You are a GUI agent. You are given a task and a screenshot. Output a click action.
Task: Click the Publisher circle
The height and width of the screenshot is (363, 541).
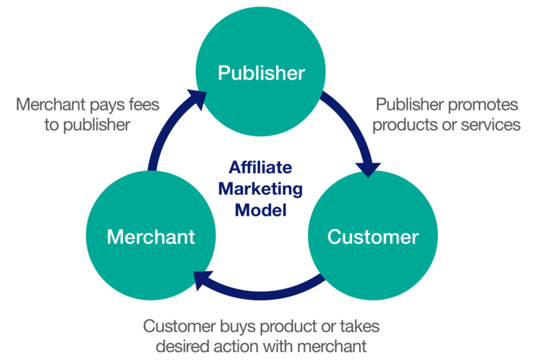coord(261,73)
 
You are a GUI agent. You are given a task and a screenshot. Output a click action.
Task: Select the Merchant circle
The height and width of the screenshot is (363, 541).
coord(151,236)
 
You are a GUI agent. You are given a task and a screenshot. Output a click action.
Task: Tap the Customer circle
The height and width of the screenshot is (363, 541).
coord(373,236)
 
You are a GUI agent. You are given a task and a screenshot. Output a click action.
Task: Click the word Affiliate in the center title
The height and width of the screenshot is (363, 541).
coord(260,167)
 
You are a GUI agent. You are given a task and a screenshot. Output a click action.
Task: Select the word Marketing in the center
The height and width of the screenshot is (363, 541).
coord(260,189)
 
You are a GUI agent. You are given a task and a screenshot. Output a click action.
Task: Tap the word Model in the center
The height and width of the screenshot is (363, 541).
coord(260,210)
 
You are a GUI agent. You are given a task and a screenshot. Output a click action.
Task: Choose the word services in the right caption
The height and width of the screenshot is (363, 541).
coord(490,124)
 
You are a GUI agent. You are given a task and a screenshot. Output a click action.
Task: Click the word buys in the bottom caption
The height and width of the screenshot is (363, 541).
coord(241,327)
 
